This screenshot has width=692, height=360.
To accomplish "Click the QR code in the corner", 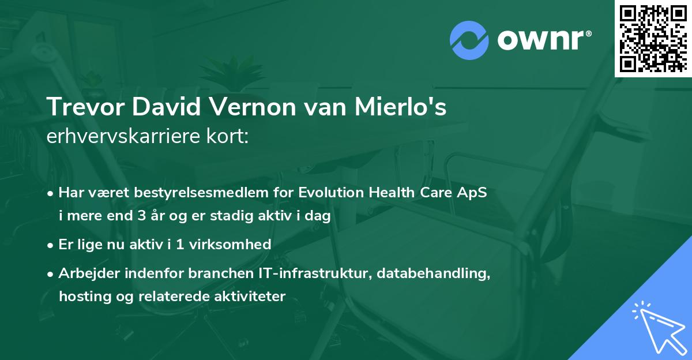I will tap(653, 38).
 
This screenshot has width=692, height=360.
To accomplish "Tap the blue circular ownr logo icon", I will tap(469, 40).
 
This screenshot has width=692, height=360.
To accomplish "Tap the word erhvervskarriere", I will tap(118, 137).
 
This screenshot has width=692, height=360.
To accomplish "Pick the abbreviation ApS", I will tap(474, 193).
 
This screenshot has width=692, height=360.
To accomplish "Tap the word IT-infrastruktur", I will tap(324, 273).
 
